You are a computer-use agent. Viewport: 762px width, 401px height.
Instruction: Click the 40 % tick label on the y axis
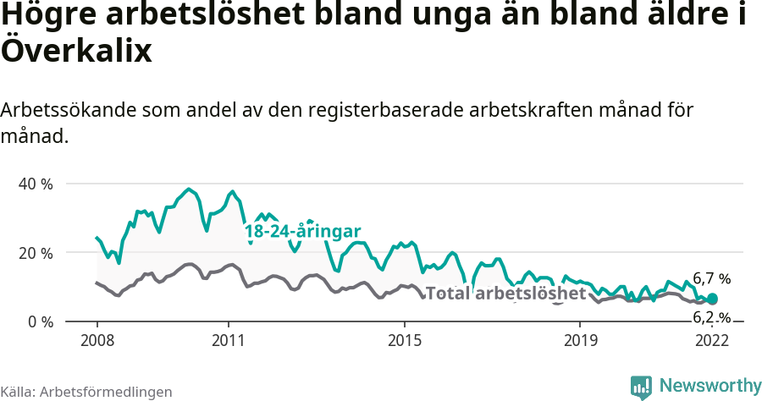35,184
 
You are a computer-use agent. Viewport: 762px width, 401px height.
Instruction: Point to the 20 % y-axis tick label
35,253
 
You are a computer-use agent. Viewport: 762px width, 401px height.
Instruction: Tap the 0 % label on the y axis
39,322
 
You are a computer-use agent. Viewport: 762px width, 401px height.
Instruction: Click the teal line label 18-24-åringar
303,232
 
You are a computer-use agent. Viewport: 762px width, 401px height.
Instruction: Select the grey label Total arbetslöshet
505,294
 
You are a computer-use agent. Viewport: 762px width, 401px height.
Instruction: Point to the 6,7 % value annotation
711,278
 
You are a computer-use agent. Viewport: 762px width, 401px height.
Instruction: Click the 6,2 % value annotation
711,318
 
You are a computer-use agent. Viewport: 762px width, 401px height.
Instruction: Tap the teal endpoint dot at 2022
712,299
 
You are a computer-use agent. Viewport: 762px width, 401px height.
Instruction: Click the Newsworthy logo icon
641,386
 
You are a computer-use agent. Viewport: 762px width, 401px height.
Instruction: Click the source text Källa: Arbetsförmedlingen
86,392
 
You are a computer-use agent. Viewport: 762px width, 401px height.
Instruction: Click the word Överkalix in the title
76,51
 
